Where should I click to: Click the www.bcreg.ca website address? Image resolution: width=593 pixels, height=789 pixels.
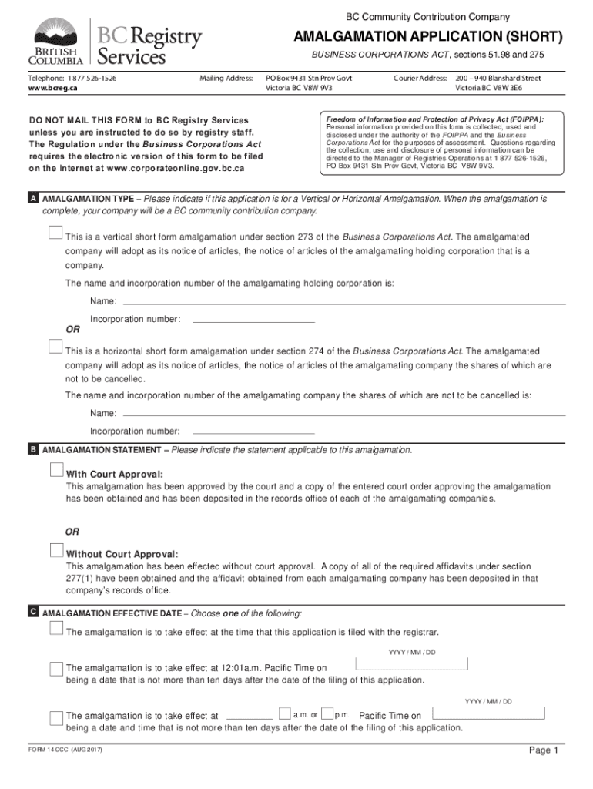coord(53,88)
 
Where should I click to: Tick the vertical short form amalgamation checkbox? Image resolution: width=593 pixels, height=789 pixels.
coord(55,233)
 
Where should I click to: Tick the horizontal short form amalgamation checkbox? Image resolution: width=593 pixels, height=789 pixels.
coord(55,347)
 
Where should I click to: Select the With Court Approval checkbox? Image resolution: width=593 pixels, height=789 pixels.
coord(56,470)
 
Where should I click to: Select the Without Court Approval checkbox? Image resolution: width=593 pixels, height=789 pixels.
coord(56,550)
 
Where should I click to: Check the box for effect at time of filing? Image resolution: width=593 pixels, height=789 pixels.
coord(56,629)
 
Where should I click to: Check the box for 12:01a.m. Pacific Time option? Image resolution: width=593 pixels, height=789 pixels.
coord(56,667)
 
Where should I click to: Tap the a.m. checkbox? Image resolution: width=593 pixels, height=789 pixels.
coord(285,713)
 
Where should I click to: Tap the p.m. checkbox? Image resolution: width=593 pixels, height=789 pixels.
coord(327,713)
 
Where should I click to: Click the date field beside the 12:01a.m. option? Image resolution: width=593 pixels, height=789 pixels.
coord(411,664)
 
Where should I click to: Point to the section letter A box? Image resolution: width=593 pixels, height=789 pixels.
coord(33,199)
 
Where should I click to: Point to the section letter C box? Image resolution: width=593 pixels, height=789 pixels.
coord(33,612)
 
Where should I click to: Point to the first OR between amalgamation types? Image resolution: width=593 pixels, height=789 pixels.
coord(72,330)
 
